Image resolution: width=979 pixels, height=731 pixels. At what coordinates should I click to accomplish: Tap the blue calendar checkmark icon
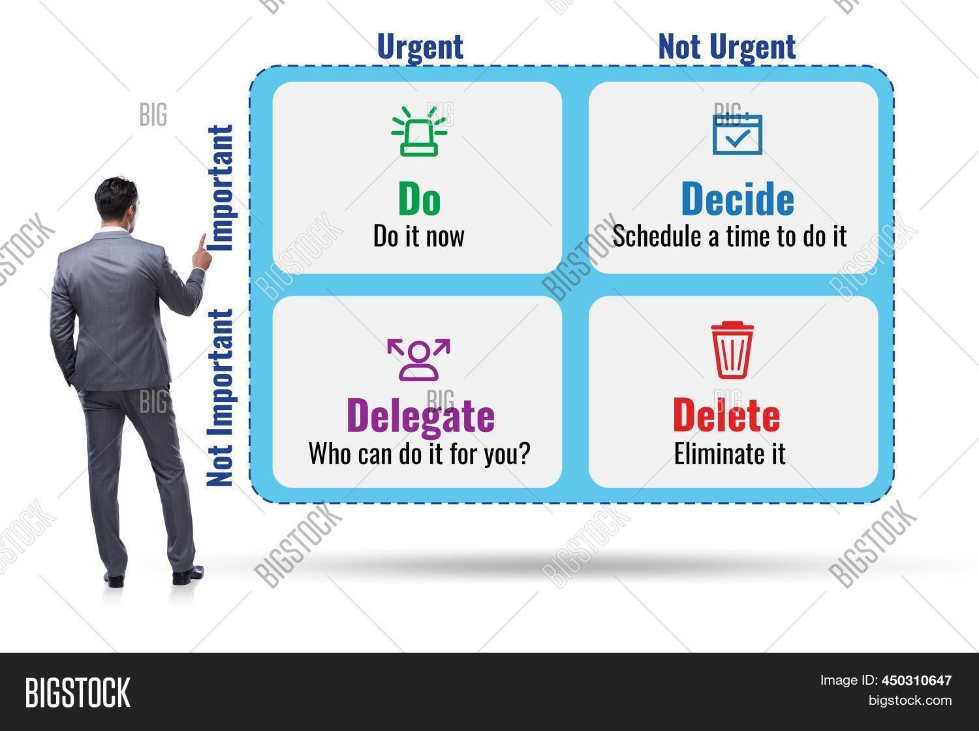(737, 134)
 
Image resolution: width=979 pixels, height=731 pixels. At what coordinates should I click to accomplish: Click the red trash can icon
(731, 350)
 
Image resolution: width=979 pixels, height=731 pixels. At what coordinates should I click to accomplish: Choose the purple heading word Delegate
(420, 415)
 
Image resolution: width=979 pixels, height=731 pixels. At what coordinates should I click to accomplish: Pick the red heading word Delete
(726, 415)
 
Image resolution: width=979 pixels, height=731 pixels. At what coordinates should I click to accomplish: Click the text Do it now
(418, 236)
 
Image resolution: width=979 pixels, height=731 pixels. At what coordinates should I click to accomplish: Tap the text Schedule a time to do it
(729, 236)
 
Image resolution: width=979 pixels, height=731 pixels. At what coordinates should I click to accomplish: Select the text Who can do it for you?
(418, 453)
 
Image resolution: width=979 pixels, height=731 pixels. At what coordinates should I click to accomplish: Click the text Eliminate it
(729, 453)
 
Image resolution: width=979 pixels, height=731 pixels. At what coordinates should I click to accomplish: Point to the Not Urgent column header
(726, 47)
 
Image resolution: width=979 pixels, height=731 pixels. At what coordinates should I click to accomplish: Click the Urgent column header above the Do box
(420, 47)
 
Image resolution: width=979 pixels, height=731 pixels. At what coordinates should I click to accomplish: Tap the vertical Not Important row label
(220, 398)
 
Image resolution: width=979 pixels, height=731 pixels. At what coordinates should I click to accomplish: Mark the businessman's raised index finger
(202, 243)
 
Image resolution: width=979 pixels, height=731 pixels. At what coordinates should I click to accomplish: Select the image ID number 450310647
(917, 681)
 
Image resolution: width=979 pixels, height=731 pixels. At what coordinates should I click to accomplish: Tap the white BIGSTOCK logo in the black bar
(77, 692)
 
